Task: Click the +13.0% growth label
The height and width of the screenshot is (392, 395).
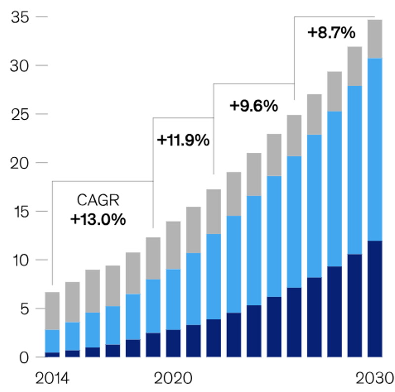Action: (x=98, y=219)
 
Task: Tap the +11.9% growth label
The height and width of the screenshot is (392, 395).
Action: (x=183, y=140)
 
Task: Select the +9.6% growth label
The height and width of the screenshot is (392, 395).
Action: (x=254, y=106)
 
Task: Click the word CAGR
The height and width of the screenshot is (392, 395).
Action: (x=98, y=201)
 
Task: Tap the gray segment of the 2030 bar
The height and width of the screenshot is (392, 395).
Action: (x=375, y=39)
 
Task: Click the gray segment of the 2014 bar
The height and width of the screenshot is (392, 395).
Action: (x=52, y=311)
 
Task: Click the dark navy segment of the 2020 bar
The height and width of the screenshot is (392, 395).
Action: (x=173, y=343)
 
